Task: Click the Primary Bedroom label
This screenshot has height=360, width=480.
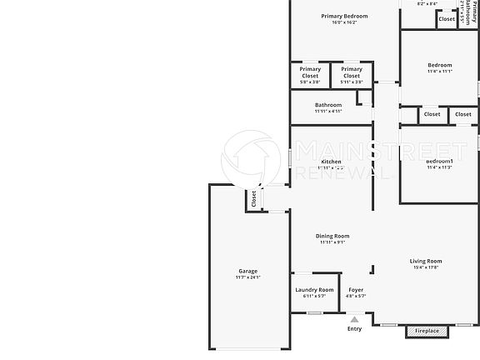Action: pyautogui.click(x=344, y=16)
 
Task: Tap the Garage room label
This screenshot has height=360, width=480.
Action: pyautogui.click(x=248, y=271)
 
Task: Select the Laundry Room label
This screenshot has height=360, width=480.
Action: pyautogui.click(x=315, y=290)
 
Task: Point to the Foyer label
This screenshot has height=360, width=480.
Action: pyautogui.click(x=356, y=290)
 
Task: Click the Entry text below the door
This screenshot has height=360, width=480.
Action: pyautogui.click(x=355, y=328)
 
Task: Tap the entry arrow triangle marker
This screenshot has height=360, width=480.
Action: pyautogui.click(x=355, y=318)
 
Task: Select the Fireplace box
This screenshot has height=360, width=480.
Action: pyautogui.click(x=427, y=331)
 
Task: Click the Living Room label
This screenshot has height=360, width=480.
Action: pyautogui.click(x=426, y=262)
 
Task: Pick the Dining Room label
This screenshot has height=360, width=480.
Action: pyautogui.click(x=332, y=236)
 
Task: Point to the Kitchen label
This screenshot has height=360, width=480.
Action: pyautogui.click(x=331, y=162)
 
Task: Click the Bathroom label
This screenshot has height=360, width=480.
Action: pyautogui.click(x=328, y=105)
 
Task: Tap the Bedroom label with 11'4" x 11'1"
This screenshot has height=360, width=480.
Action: pyautogui.click(x=440, y=65)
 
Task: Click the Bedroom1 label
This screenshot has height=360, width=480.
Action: pyautogui.click(x=440, y=161)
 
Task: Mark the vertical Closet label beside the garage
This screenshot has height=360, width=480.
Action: pyautogui.click(x=255, y=198)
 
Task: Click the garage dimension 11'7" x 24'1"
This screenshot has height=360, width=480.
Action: pyautogui.click(x=248, y=277)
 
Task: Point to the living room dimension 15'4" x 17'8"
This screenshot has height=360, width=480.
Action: pyautogui.click(x=426, y=268)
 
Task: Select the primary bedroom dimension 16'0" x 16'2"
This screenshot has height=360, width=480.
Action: pyautogui.click(x=344, y=22)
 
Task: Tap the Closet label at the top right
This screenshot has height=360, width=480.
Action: pyautogui.click(x=447, y=18)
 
